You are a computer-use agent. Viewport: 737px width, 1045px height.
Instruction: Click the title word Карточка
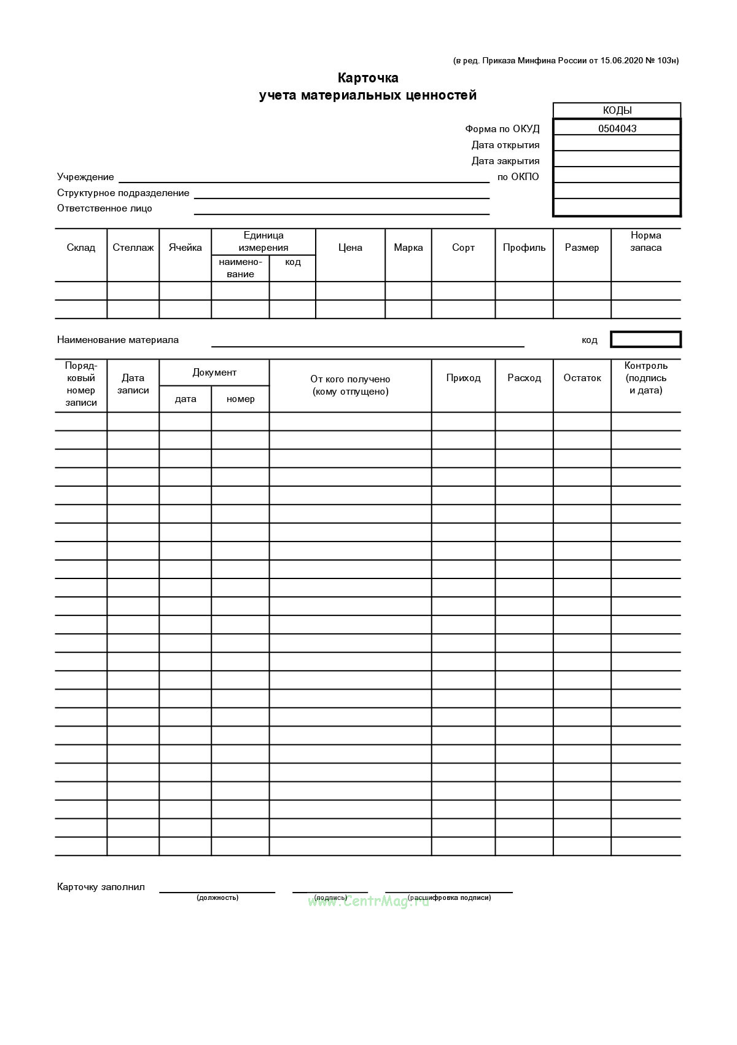[x=368, y=78]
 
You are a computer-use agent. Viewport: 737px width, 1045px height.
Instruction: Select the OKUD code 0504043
[x=617, y=128]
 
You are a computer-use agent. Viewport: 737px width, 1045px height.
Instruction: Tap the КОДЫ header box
[x=617, y=111]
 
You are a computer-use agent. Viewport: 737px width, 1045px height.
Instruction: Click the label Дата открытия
[x=505, y=145]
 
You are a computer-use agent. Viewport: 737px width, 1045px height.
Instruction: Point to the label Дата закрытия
[x=505, y=161]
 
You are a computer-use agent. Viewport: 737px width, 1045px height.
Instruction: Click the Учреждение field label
[x=85, y=177]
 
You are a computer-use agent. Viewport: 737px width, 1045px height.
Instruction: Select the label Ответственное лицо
[x=104, y=208]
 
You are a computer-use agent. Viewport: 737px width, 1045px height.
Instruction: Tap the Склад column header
[x=81, y=248]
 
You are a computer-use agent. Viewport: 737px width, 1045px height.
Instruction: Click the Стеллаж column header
[x=133, y=248]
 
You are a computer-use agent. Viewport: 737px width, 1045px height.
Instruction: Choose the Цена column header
[x=350, y=248]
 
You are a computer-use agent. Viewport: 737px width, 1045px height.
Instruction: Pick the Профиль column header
[x=524, y=248]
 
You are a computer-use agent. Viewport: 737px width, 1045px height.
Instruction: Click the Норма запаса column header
[x=646, y=242]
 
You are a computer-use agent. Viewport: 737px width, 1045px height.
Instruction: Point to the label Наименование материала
[x=118, y=340]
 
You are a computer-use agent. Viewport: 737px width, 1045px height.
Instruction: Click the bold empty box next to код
[x=645, y=339]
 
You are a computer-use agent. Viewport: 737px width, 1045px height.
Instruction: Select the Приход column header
[x=463, y=378]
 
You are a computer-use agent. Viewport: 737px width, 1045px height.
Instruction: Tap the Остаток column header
[x=582, y=378]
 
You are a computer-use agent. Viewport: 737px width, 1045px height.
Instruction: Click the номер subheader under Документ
[x=240, y=399]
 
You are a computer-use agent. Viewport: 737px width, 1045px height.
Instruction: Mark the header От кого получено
[x=350, y=379]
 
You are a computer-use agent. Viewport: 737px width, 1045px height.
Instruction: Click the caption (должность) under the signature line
[x=217, y=897]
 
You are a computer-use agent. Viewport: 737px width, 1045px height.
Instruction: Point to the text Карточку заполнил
[x=101, y=887]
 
